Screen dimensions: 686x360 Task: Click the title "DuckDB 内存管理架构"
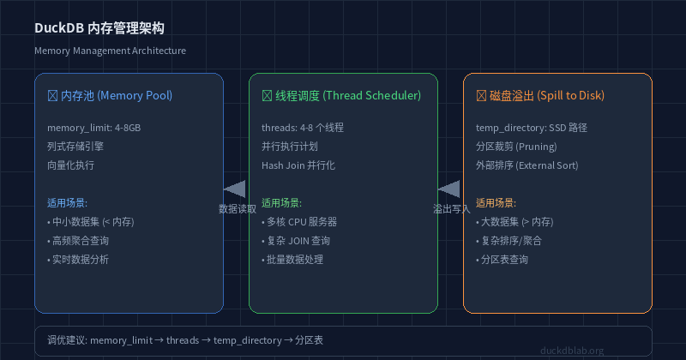tap(99, 28)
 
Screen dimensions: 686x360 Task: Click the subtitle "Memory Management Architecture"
tap(111, 51)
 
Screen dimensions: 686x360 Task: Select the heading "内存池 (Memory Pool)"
tap(117, 95)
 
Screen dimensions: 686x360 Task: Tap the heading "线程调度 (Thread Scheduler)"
tap(348, 95)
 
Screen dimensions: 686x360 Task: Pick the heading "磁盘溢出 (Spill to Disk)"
tap(547, 95)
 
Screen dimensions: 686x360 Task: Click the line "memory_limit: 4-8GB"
tap(94, 128)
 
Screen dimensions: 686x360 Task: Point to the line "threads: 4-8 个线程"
tap(303, 128)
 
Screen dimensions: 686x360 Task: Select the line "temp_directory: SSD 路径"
tap(532, 128)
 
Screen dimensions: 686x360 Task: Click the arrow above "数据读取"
tap(234, 189)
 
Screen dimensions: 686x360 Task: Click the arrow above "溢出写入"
tap(448, 189)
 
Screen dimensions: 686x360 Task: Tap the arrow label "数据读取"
tap(238, 209)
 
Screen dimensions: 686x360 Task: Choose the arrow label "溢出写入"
tap(452, 209)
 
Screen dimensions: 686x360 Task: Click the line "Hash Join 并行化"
tap(298, 165)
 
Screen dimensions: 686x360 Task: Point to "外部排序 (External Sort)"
tap(527, 165)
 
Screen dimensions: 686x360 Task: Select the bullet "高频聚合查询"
tap(78, 241)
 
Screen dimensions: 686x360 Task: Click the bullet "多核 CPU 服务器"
tap(299, 222)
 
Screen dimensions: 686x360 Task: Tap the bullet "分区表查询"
tap(502, 260)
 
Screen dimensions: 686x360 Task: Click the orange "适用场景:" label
tap(496, 203)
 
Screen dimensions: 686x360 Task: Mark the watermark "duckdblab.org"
tap(572, 351)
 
